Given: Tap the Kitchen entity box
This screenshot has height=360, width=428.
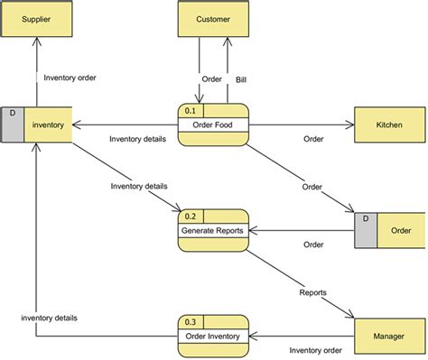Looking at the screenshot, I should pyautogui.click(x=389, y=125).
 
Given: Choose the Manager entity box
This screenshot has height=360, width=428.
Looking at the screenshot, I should pyautogui.click(x=389, y=336).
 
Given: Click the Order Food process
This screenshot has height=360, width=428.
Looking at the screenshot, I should pyautogui.click(x=214, y=125).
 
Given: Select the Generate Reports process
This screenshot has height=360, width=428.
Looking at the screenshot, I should pyautogui.click(x=213, y=231).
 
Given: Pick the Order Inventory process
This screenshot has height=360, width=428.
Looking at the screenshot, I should pyautogui.click(x=214, y=337).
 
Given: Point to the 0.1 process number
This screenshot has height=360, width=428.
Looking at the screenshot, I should pyautogui.click(x=191, y=111).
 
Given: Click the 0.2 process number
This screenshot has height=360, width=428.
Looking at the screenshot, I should pyautogui.click(x=191, y=217).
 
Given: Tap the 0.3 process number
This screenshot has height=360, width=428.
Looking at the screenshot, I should pyautogui.click(x=191, y=322).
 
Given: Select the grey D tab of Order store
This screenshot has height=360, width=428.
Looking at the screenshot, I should pyautogui.click(x=366, y=230).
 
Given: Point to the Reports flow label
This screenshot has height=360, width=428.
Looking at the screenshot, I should pyautogui.click(x=312, y=293).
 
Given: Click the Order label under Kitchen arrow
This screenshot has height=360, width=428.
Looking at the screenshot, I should pyautogui.click(x=313, y=139).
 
